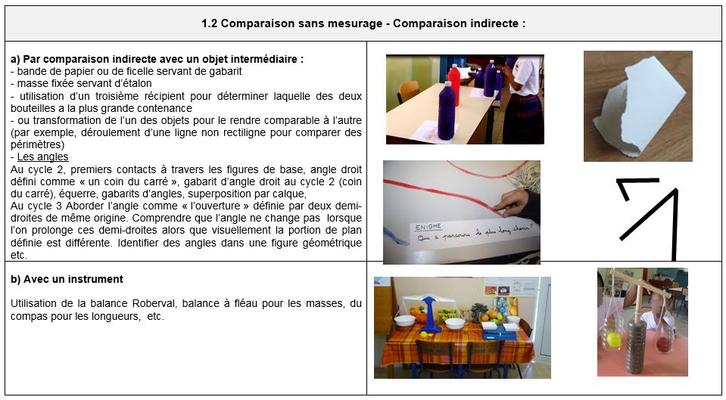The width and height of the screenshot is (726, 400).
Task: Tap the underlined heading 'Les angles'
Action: coord(42,157)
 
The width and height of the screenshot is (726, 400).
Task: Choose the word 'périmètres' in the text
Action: coord(35,144)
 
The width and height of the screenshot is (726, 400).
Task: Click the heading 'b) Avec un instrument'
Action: coord(67,279)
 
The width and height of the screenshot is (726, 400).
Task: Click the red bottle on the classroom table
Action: coord(454,85)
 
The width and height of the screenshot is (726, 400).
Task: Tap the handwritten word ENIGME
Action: coord(428,228)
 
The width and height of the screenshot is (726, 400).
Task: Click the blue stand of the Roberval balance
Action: coord(430,315)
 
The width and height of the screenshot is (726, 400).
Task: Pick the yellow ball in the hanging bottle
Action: coord(613,340)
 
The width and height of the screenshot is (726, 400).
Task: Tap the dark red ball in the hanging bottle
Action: coord(663,344)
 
